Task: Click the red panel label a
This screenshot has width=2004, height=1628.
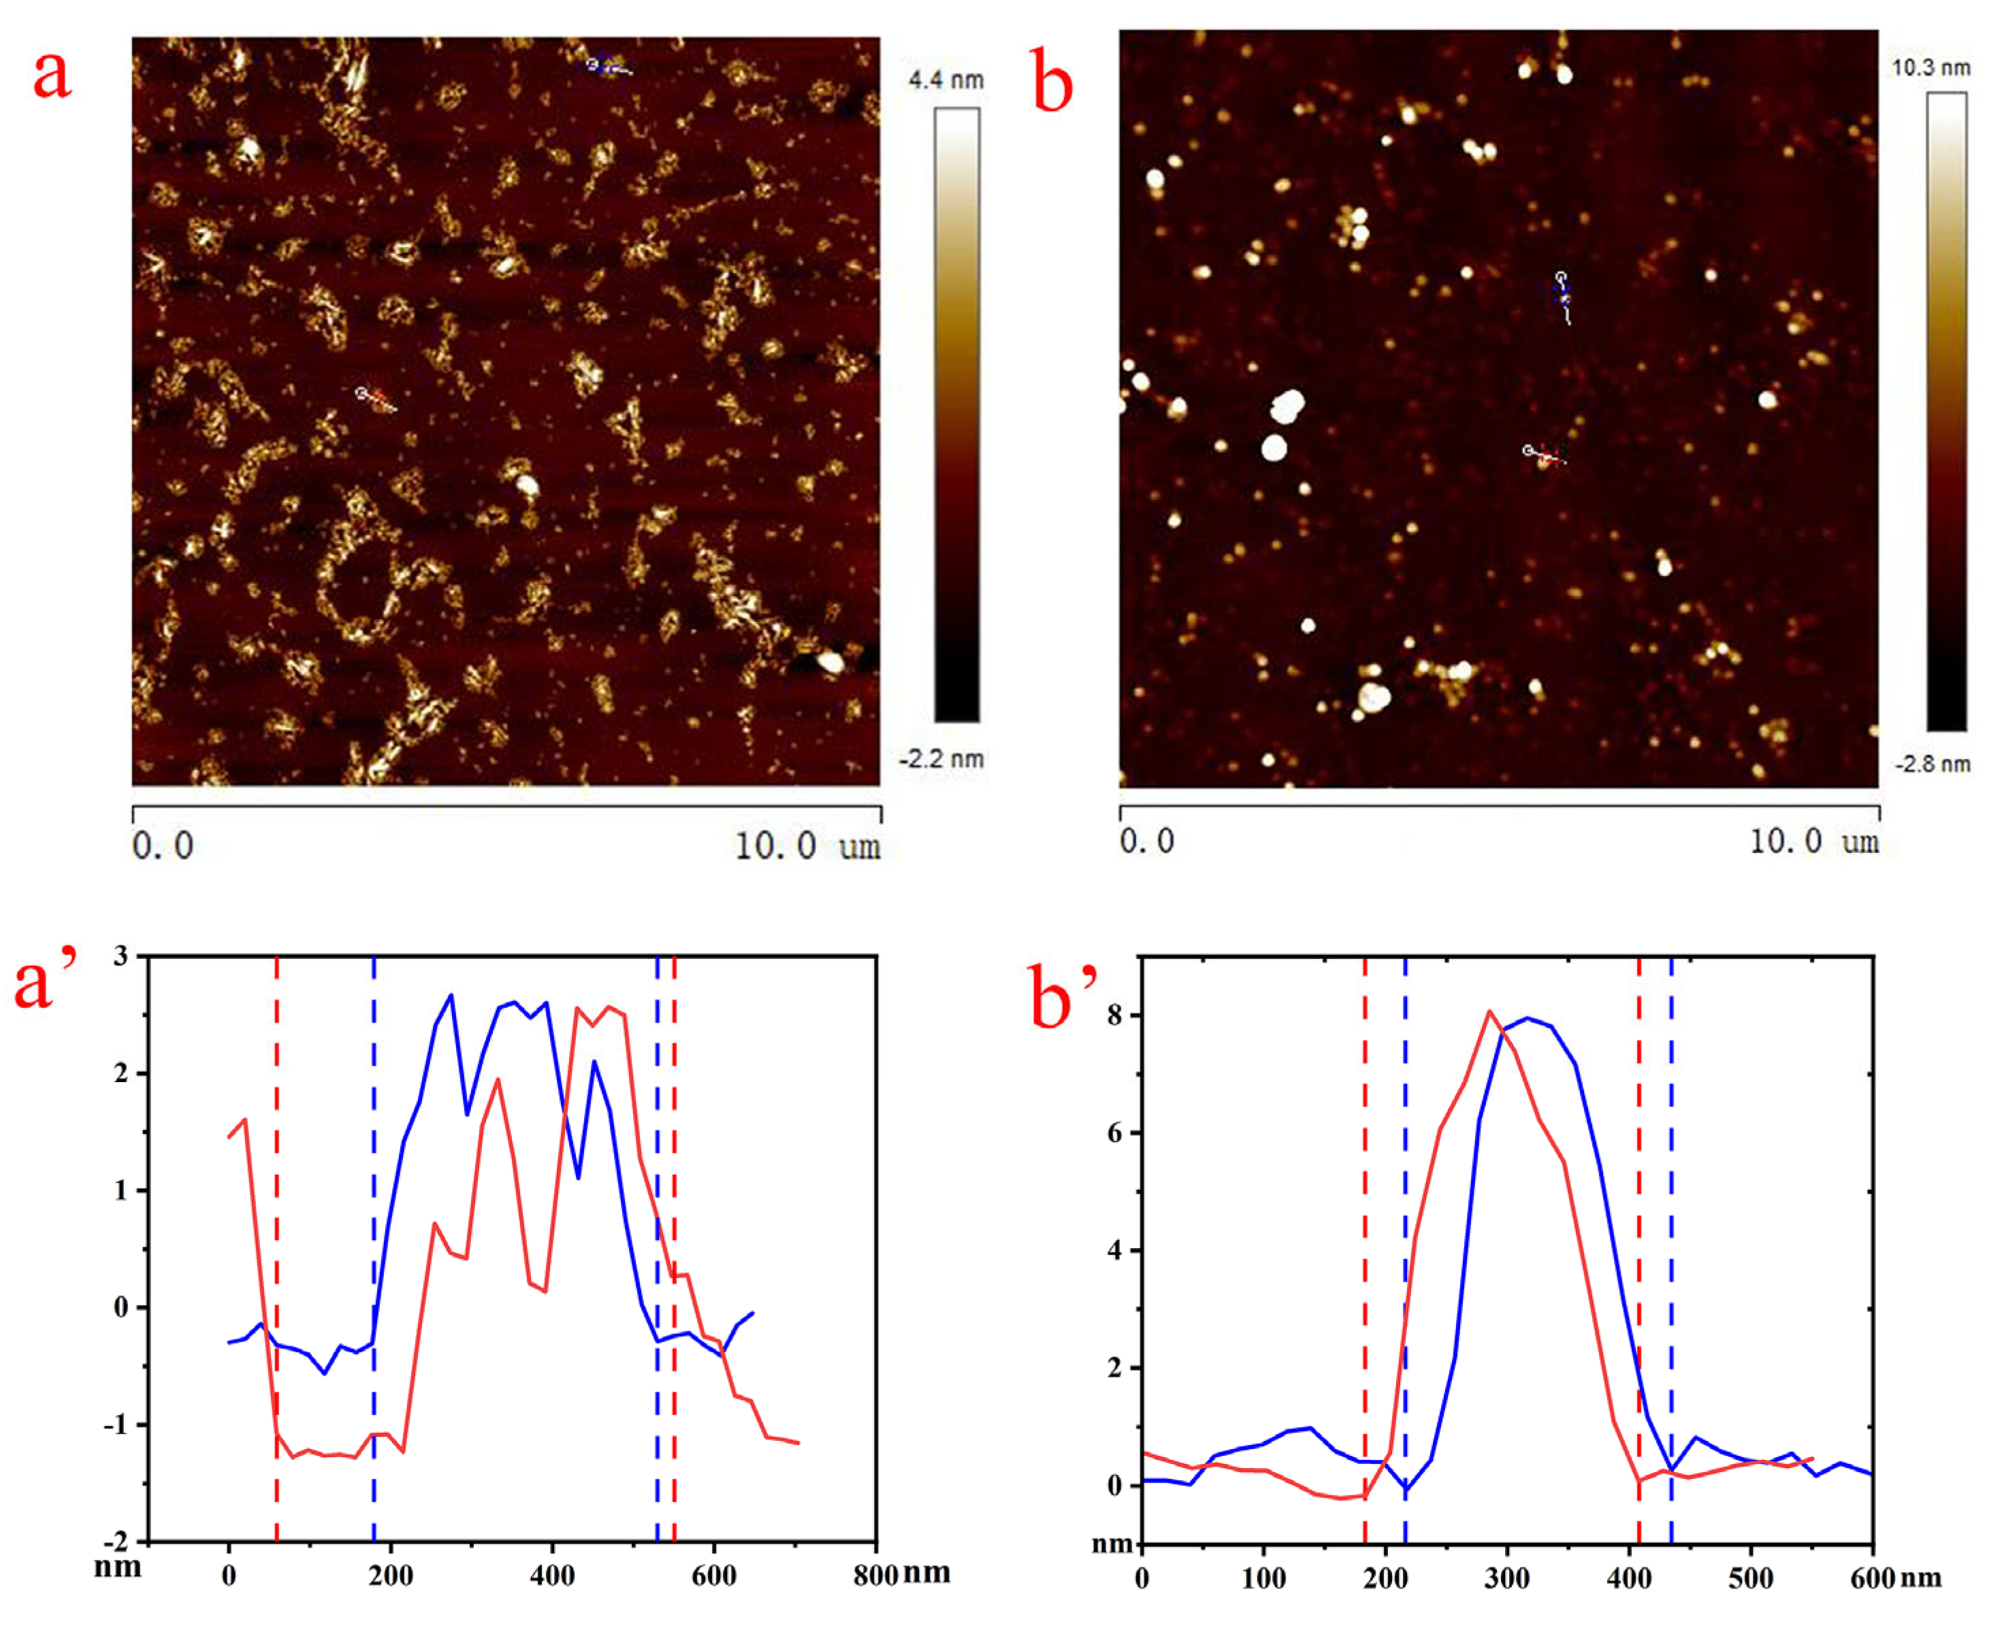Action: (52, 76)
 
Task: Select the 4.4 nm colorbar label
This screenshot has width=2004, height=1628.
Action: (946, 80)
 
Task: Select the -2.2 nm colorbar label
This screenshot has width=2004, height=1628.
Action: (941, 759)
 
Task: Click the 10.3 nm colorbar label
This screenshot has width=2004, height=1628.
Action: (1931, 67)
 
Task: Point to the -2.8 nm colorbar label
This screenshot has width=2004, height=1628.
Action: (1932, 764)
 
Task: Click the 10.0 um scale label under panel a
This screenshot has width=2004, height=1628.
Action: (807, 847)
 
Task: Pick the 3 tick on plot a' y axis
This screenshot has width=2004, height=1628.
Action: (120, 956)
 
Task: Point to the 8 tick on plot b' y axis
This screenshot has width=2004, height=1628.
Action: (1115, 1015)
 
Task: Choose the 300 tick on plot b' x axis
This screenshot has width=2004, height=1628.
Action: (1507, 1578)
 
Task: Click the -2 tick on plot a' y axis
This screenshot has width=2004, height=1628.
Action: (117, 1542)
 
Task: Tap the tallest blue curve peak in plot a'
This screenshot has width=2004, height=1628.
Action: (451, 995)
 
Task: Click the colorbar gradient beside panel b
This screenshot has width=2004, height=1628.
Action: (1947, 412)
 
